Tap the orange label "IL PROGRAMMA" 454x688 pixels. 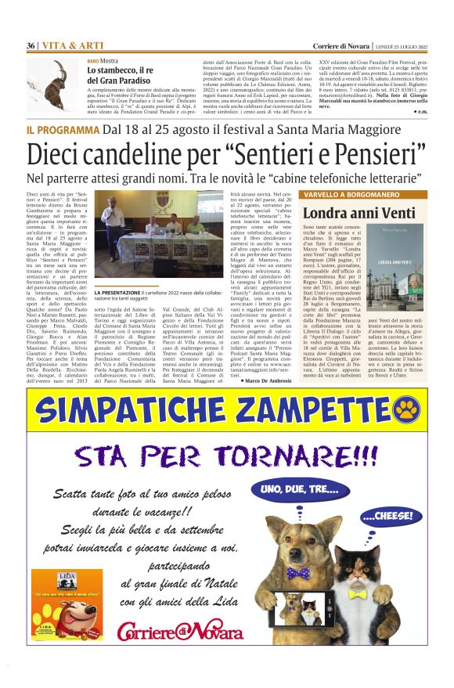pos(62,128)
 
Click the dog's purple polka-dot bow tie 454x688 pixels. pos(297,575)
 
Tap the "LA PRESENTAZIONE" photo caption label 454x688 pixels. pos(118,315)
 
